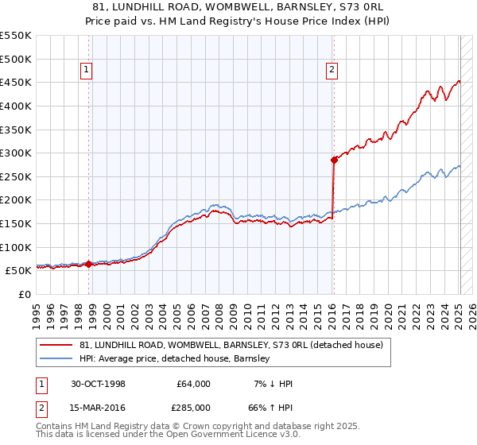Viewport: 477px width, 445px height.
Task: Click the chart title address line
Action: pos(238,6)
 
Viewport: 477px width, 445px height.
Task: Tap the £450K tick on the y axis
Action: pos(16,82)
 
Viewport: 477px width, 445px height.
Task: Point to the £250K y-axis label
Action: pos(16,176)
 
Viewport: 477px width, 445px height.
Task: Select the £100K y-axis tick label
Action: pos(16,247)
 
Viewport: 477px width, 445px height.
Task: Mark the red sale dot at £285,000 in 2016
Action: pos(335,160)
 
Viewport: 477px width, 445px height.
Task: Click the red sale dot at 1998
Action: pos(89,264)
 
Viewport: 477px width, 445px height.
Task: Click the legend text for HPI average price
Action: pos(174,358)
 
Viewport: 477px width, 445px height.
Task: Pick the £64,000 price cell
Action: pos(193,384)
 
